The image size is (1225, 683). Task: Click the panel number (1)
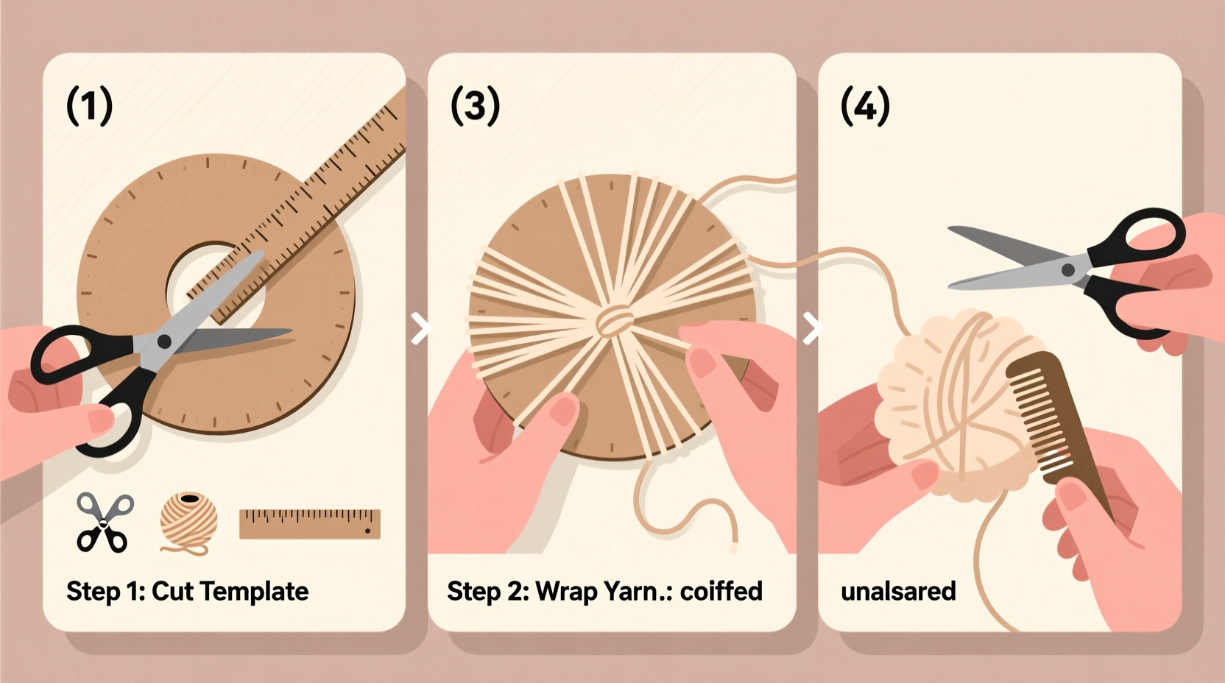point(89,105)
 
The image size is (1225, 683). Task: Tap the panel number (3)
point(475,105)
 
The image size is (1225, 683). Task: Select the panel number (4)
point(865,105)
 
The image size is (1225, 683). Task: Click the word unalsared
point(898,592)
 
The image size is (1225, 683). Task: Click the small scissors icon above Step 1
point(104,523)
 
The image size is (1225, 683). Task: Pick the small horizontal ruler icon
point(309,523)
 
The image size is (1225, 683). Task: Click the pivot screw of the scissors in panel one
point(163,341)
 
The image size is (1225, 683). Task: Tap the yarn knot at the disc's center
point(614,321)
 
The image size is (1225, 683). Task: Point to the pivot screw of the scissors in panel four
point(1068,270)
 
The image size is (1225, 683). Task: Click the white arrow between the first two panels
point(420,328)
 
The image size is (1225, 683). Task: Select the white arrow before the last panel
point(811,328)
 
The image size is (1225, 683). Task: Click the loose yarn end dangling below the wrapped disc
point(732,541)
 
